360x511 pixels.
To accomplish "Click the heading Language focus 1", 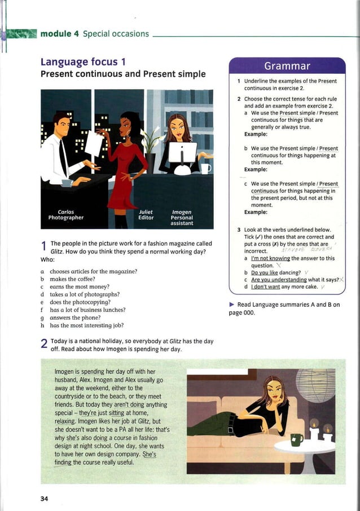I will click(x=83, y=61).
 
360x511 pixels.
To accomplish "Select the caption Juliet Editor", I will click(x=146, y=214).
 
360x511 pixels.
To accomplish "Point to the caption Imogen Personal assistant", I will click(x=182, y=217).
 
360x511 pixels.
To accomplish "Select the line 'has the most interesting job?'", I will click(x=86, y=325).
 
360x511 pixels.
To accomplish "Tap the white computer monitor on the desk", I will click(x=183, y=152).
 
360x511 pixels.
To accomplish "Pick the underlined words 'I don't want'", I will click(x=267, y=287).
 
